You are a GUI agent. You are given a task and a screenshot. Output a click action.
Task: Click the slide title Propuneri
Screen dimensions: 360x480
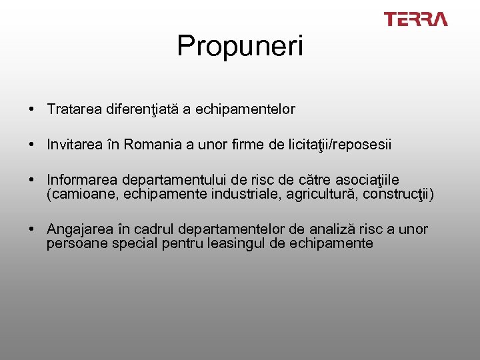pyautogui.click(x=240, y=46)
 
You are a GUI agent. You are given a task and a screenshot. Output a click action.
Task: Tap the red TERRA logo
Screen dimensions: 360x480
pyautogui.click(x=415, y=19)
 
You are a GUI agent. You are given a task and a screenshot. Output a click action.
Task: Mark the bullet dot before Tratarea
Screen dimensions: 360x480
pyautogui.click(x=32, y=109)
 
